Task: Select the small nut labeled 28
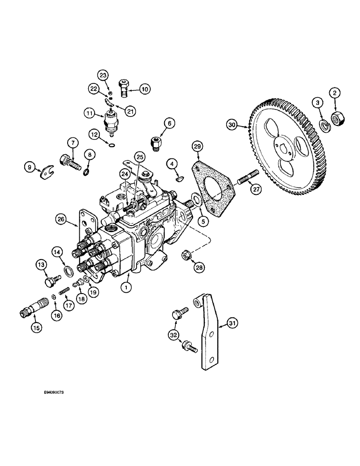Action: pyautogui.click(x=186, y=255)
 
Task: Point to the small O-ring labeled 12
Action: pyautogui.click(x=111, y=145)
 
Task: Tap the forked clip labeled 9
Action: pyautogui.click(x=44, y=171)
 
